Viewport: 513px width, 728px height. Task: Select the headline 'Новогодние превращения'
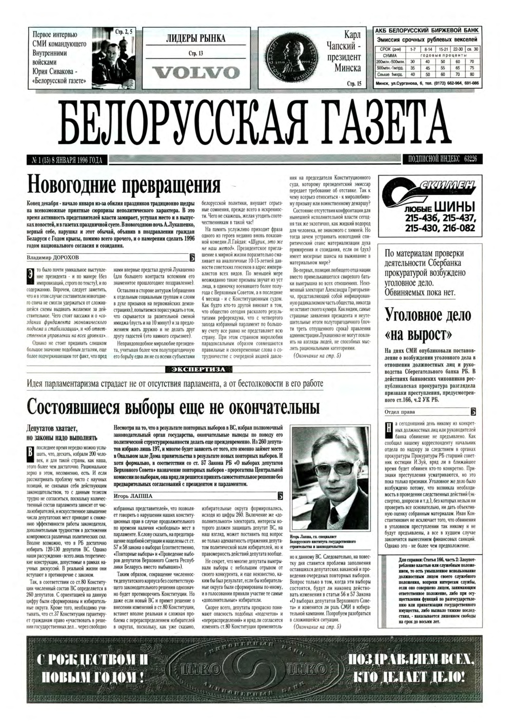pyautogui.click(x=124, y=184)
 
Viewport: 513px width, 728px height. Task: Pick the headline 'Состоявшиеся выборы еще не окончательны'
pyautogui.click(x=173, y=408)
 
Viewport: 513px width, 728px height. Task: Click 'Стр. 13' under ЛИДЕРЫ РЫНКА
pyautogui.click(x=196, y=53)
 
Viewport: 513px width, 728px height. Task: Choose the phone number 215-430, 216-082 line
pyautogui.click(x=440, y=228)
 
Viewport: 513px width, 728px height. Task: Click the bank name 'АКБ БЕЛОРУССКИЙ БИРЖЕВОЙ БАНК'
pyautogui.click(x=427, y=31)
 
